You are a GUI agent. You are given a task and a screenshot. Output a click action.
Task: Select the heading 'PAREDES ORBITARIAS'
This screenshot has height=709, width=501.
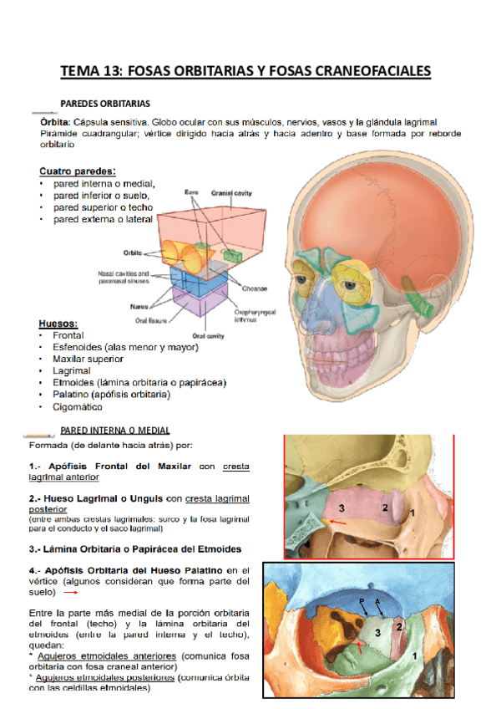click(105, 104)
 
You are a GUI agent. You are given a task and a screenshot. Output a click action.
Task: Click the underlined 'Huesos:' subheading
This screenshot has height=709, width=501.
click(58, 323)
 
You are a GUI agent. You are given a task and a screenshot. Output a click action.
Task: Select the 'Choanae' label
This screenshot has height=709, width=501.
click(256, 288)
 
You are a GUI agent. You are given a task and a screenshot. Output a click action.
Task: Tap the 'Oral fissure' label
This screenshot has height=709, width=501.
click(152, 319)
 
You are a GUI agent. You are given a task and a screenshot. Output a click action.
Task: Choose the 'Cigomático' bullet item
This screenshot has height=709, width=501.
click(78, 407)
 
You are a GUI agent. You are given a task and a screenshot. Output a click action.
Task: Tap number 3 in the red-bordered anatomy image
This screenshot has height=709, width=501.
click(341, 508)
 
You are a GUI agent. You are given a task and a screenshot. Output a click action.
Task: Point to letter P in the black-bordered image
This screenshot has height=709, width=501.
click(362, 601)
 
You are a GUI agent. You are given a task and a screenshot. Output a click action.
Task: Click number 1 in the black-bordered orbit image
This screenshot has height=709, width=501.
click(416, 657)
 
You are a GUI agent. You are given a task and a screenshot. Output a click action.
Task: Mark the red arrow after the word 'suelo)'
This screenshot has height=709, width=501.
click(71, 593)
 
